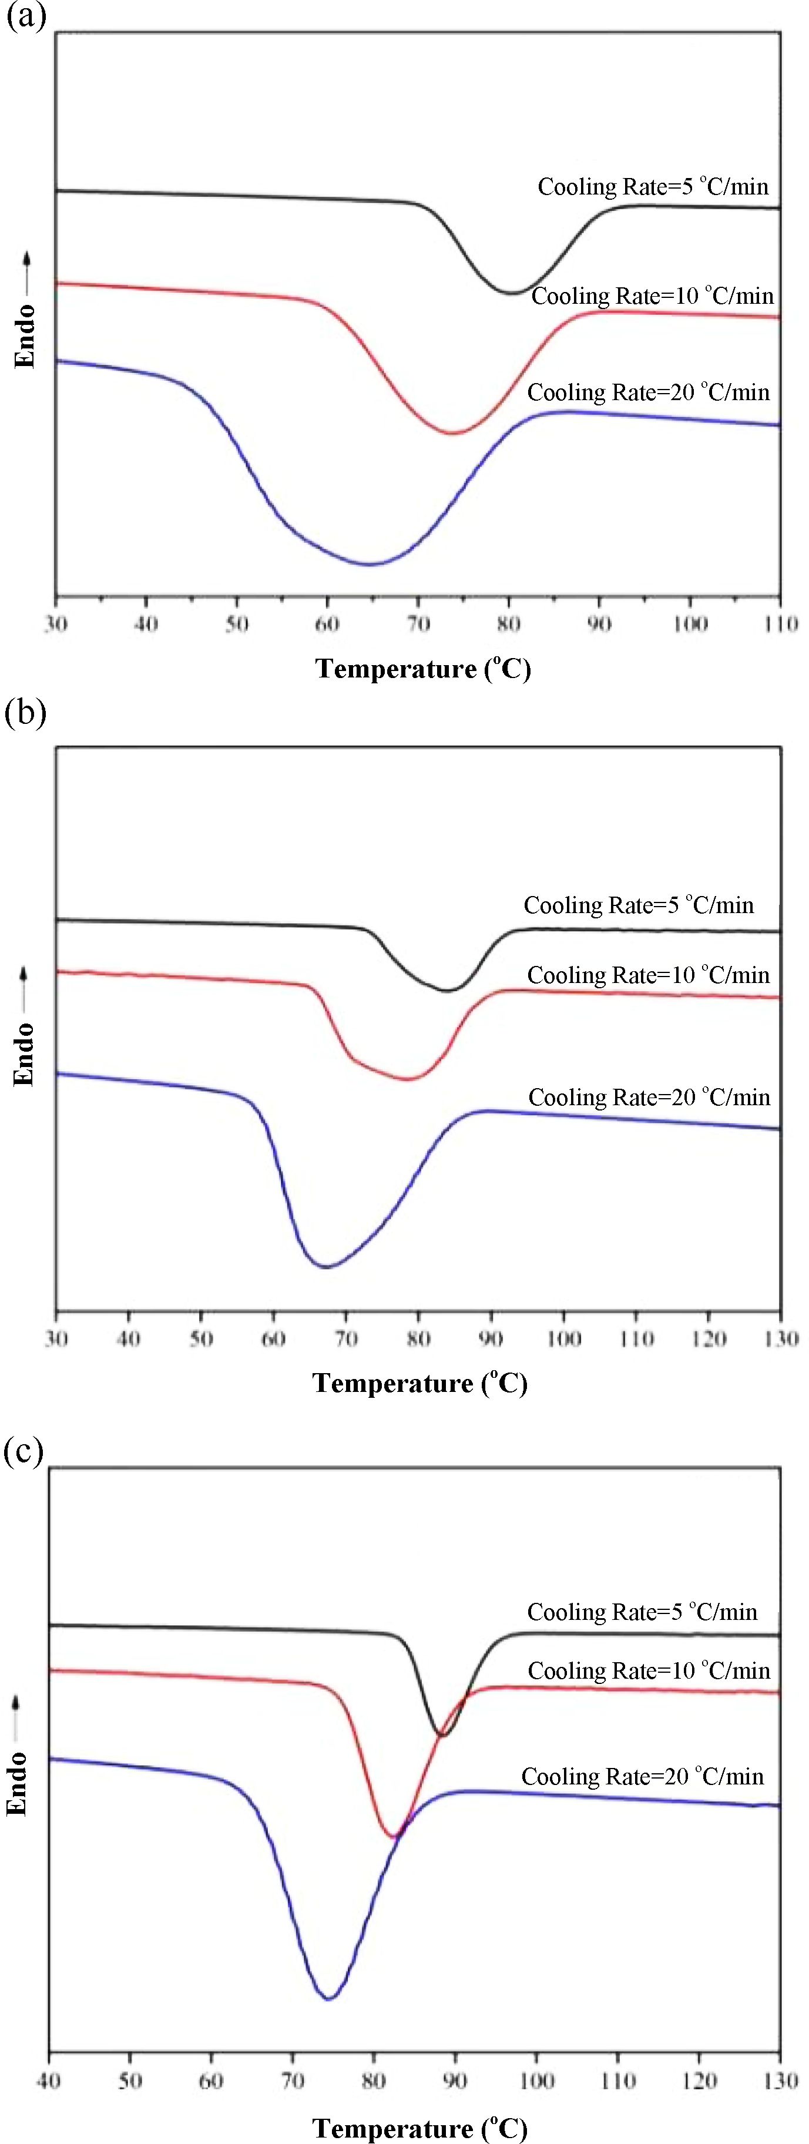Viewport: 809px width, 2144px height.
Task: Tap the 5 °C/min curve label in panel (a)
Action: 653,186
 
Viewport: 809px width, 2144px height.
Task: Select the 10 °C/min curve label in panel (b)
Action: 649,975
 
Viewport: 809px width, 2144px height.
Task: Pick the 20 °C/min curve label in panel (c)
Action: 642,1776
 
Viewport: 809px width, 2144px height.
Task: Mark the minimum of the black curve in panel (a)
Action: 510,292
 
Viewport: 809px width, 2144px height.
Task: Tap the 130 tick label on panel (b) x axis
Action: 781,1338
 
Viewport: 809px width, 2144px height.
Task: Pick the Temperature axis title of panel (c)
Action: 419,2128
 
